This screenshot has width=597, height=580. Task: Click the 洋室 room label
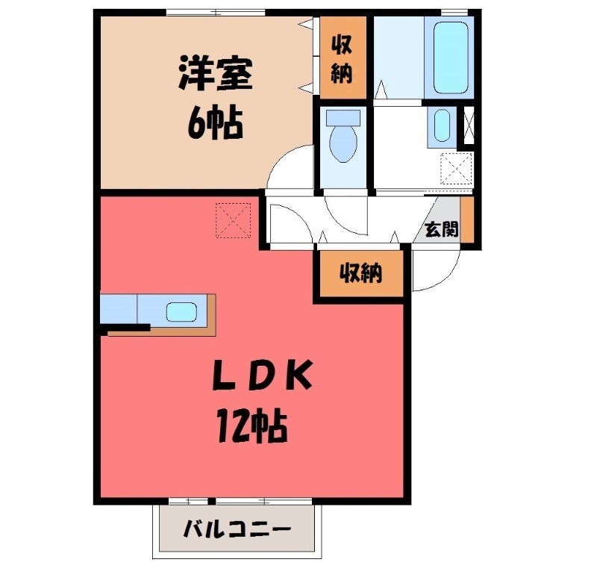coord(214,75)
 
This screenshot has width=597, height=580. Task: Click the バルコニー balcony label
coord(237,531)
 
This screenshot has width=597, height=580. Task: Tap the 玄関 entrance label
coord(441,229)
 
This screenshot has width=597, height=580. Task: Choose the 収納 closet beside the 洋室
coord(343,58)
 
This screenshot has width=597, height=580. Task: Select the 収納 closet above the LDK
coord(361,274)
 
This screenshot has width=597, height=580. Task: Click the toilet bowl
coord(343,143)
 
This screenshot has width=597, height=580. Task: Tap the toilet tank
coord(343,117)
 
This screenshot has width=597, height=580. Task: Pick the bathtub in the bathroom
coord(448,56)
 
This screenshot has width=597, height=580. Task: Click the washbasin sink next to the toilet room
coord(442,126)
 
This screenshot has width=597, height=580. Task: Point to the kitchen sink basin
coord(181,311)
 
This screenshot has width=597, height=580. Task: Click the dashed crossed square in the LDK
coord(234,220)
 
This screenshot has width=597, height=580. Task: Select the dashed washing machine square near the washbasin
coord(457,168)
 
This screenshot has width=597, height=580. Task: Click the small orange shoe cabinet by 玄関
coord(467,217)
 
